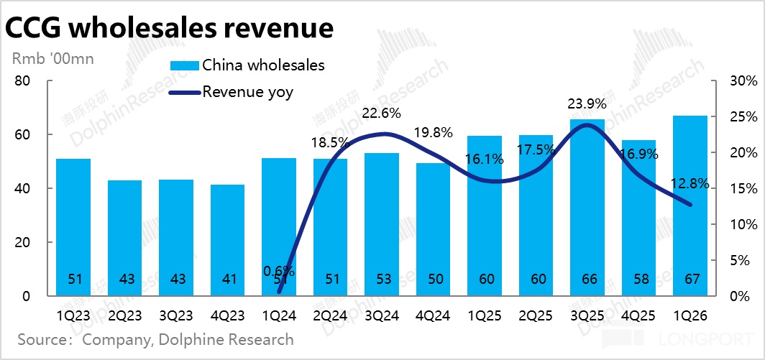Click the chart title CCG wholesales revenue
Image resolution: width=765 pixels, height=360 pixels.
170,28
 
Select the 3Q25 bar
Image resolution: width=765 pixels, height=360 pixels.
587,208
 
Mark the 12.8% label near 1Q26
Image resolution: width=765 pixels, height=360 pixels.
690,184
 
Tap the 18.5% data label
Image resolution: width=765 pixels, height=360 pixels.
331,143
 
